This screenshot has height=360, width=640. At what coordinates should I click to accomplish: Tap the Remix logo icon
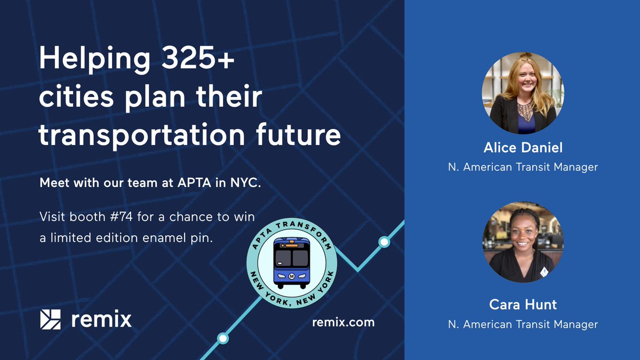tap(51, 319)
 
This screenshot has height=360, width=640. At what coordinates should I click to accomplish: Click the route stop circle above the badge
tap(384, 242)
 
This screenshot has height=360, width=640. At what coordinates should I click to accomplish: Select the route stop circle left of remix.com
tap(223, 338)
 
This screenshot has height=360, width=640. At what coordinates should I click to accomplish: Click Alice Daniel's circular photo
tap(522, 93)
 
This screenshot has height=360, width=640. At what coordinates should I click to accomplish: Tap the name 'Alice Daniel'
tap(523, 147)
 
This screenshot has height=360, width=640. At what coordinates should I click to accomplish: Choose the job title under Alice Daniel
tap(523, 167)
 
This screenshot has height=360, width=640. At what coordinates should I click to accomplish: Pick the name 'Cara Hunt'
tap(523, 305)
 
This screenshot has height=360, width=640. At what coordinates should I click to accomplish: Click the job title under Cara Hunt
tap(523, 324)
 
